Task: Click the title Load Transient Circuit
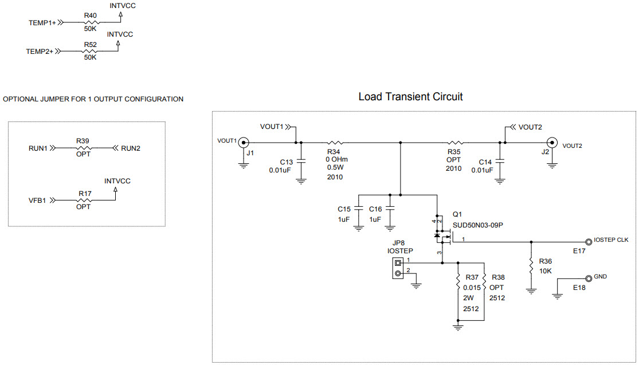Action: [410, 97]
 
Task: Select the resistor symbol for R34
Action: [335, 142]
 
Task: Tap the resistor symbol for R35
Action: [455, 142]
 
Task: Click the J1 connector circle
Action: [244, 142]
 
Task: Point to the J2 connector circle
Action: [552, 142]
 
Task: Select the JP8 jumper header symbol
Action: [397, 268]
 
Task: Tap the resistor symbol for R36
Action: [531, 265]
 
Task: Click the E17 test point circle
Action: [588, 241]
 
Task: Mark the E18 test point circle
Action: [588, 277]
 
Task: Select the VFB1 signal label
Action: [37, 201]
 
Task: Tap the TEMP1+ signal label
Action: [42, 23]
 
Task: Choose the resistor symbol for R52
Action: [91, 51]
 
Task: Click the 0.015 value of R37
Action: [471, 287]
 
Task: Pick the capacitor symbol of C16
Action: [391, 209]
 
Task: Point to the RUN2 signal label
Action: [131, 148]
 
